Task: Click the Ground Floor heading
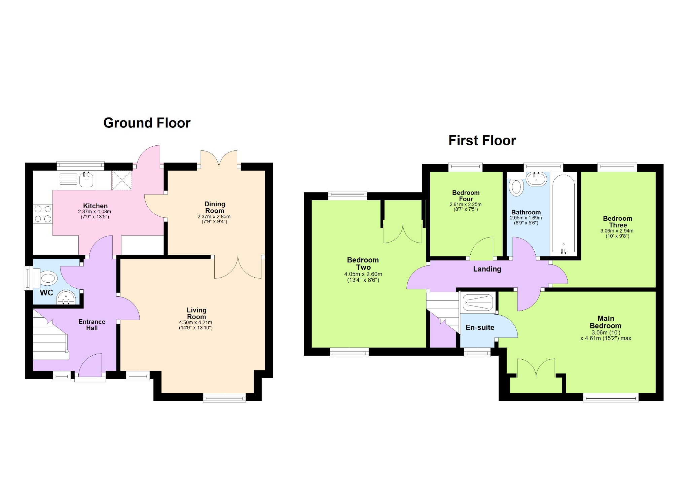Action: pyautogui.click(x=147, y=123)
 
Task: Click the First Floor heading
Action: pyautogui.click(x=482, y=141)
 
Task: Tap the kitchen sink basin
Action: pyautogui.click(x=86, y=179)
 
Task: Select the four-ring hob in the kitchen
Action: pyautogui.click(x=43, y=214)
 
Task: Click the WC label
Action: pyautogui.click(x=46, y=293)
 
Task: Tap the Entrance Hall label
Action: pyautogui.click(x=92, y=325)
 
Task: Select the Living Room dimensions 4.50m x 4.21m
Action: pyautogui.click(x=195, y=322)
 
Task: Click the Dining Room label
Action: pyautogui.click(x=215, y=207)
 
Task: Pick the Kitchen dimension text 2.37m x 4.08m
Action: pyautogui.click(x=95, y=212)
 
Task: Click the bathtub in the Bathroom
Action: pyautogui.click(x=564, y=214)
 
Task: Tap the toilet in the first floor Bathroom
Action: pyautogui.click(x=516, y=187)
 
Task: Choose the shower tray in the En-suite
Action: pyautogui.click(x=478, y=302)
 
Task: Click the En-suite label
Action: pyautogui.click(x=480, y=327)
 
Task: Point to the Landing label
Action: pyautogui.click(x=487, y=269)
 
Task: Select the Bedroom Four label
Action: pyautogui.click(x=466, y=196)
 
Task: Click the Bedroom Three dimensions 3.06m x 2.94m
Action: pyautogui.click(x=617, y=231)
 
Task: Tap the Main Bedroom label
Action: pyautogui.click(x=606, y=322)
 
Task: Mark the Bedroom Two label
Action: pyautogui.click(x=363, y=263)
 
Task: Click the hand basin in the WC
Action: pyautogui.click(x=66, y=297)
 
